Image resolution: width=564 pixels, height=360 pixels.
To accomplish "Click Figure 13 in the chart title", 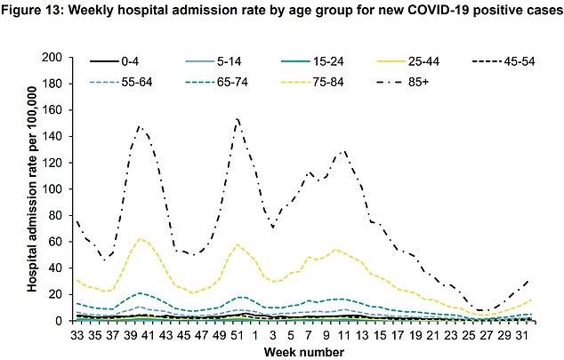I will [x=40, y=11].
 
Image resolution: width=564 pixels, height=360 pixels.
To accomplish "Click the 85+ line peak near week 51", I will [x=238, y=117].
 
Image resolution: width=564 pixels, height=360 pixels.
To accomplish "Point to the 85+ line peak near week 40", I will [x=140, y=127].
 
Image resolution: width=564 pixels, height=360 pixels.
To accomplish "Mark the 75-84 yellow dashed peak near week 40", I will [x=139, y=238].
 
